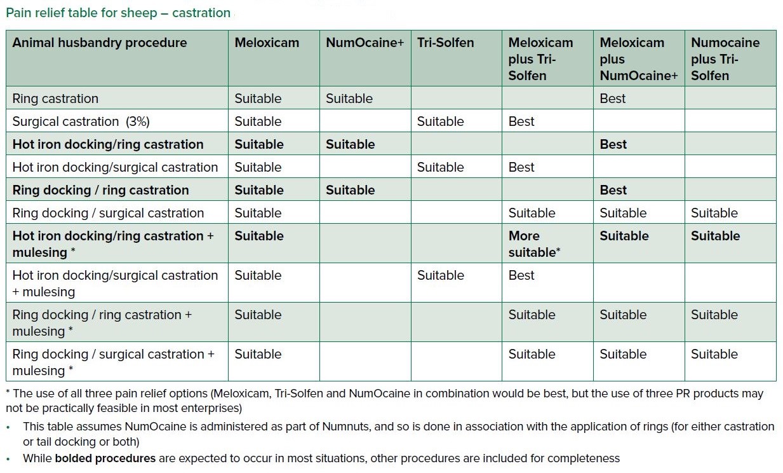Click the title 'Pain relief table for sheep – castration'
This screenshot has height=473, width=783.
tap(118, 13)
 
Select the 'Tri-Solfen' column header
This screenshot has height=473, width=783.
tap(445, 43)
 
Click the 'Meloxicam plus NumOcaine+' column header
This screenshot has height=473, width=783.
tap(638, 59)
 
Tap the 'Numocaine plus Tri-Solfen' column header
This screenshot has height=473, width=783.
tap(725, 59)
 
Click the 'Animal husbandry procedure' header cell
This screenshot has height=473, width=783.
tap(100, 43)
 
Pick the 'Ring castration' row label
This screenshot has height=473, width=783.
tap(55, 99)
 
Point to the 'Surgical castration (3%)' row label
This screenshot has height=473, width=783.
tap(81, 121)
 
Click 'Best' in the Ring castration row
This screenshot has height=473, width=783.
tap(612, 99)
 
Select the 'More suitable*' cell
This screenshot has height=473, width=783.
tap(533, 244)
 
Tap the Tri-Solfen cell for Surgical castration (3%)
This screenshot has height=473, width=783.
tap(440, 121)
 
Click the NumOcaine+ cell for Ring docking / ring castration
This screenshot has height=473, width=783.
tap(350, 190)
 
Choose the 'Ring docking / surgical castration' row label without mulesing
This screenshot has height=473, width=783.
tap(108, 213)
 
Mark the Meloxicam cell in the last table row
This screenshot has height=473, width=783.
tap(258, 354)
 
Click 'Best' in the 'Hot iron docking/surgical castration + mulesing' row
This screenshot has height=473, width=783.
tap(521, 275)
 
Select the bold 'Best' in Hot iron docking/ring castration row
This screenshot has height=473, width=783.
tap(613, 144)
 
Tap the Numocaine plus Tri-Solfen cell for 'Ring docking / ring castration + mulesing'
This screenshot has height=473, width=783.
tap(714, 315)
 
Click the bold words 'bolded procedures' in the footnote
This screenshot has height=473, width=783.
tap(105, 458)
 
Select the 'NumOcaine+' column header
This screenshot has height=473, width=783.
tap(365, 43)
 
